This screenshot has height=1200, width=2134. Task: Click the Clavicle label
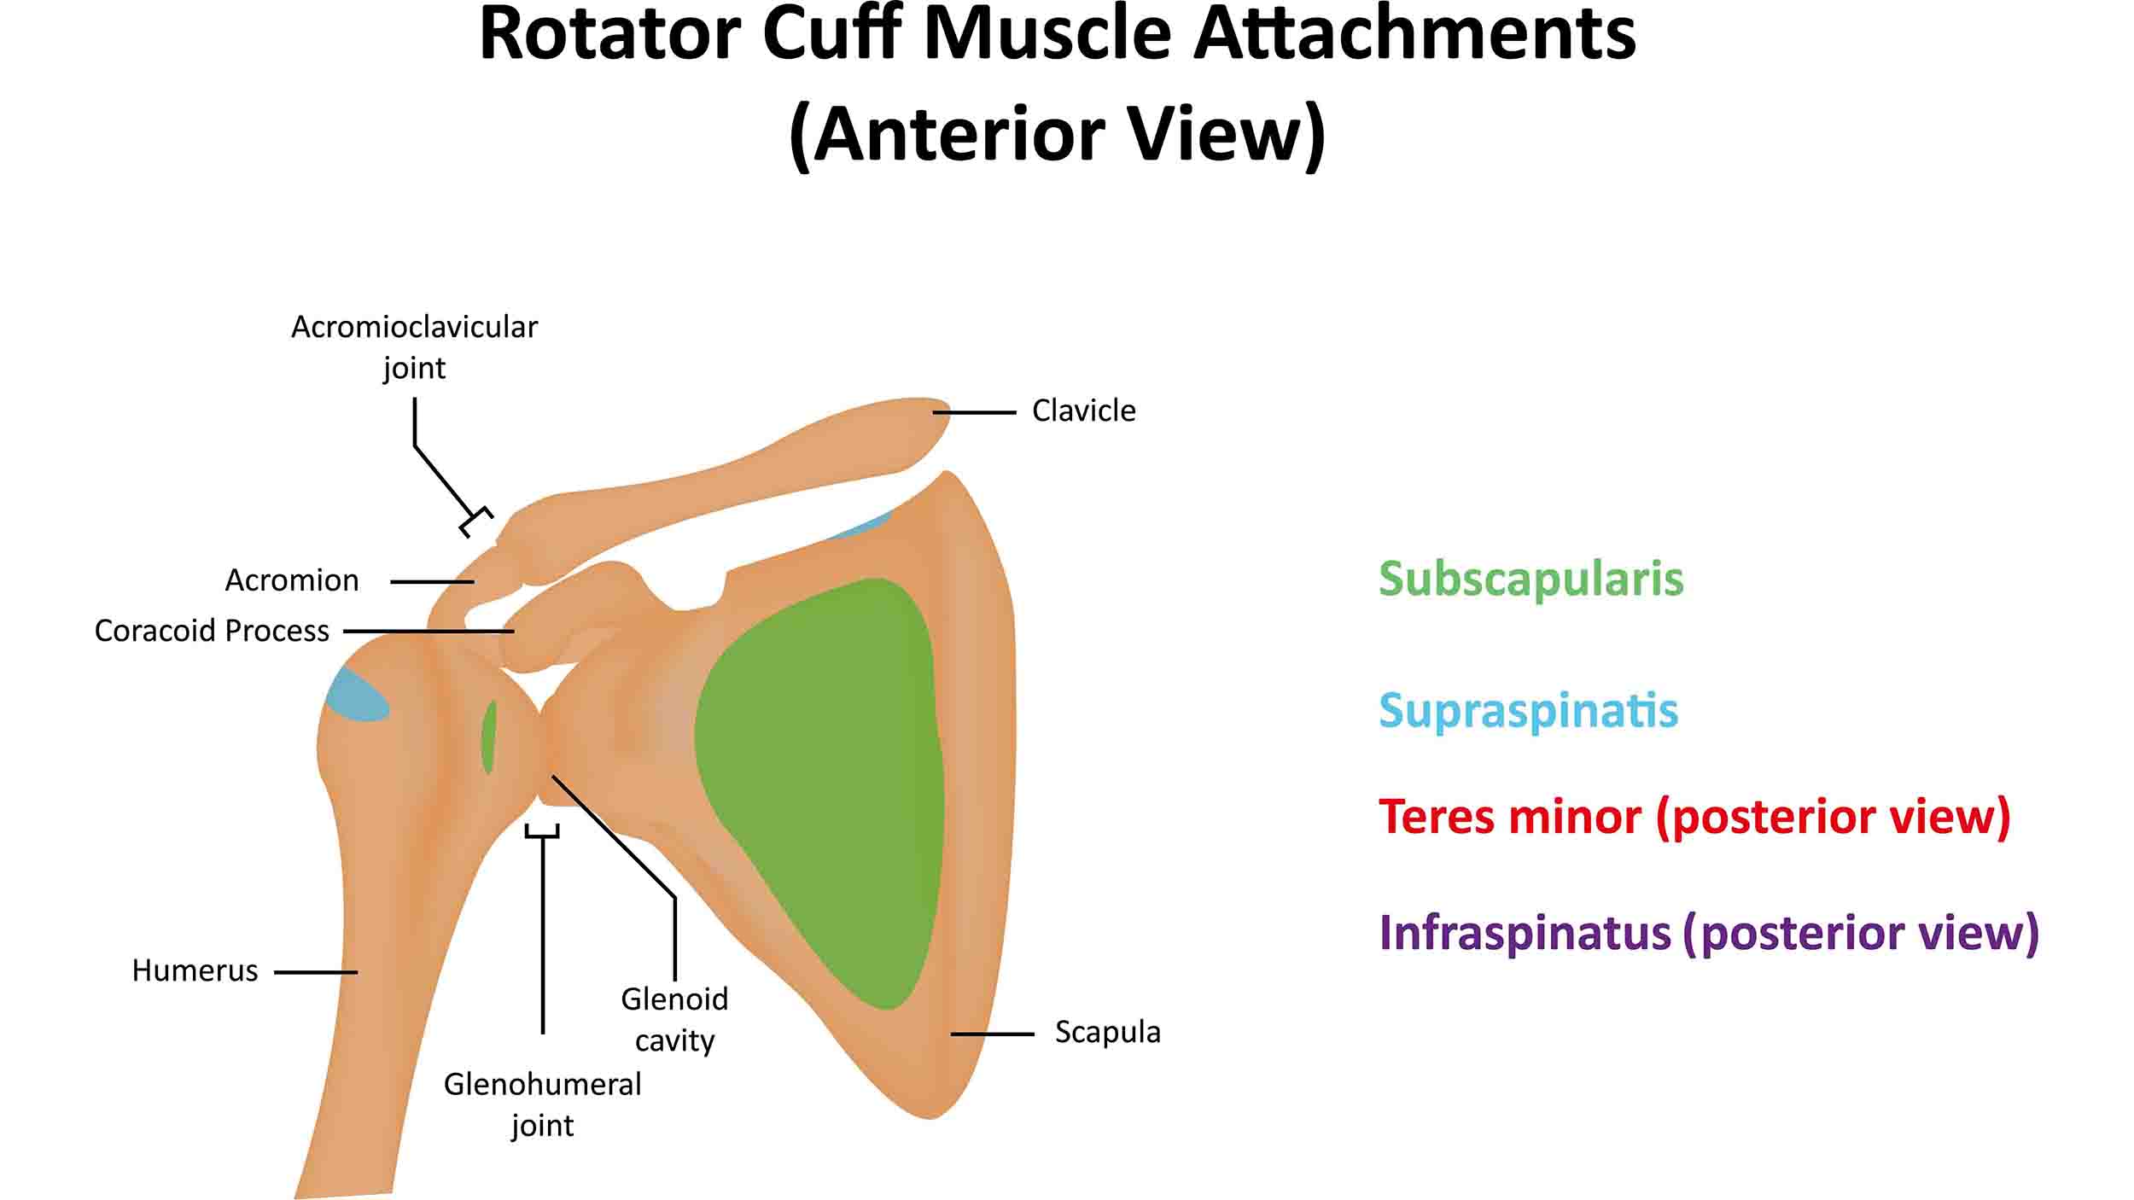click(x=1083, y=411)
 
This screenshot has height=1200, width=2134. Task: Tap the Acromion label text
click(x=292, y=580)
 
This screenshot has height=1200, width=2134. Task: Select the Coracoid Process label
click(x=212, y=631)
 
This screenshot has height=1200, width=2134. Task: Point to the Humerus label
click(x=195, y=970)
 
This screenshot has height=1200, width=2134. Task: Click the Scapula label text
click(x=1107, y=1032)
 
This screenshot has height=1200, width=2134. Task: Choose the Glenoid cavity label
click(x=674, y=1019)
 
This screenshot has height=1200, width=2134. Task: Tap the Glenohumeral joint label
click(x=542, y=1104)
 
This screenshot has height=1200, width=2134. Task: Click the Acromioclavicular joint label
click(x=414, y=347)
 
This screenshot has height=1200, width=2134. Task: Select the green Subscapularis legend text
click(x=1531, y=580)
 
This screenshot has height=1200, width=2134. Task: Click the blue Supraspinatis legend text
click(x=1528, y=711)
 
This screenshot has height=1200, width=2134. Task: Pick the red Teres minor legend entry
click(x=1694, y=818)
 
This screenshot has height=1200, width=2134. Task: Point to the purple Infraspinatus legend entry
click(x=1709, y=933)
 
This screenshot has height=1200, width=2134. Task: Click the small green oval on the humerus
click(x=489, y=737)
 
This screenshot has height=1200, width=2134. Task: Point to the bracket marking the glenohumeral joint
click(x=542, y=832)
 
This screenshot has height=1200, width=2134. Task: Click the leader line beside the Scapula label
click(x=993, y=1034)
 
